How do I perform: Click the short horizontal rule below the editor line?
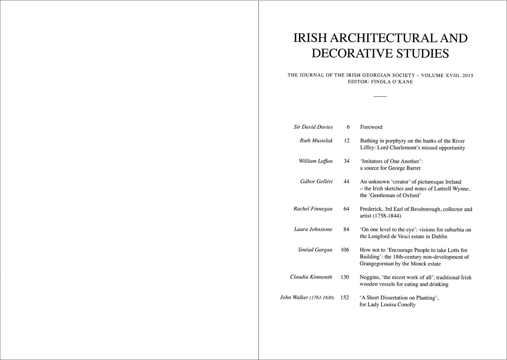[380, 96]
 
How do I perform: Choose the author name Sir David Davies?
[313, 127]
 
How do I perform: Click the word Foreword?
[371, 127]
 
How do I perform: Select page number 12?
[347, 141]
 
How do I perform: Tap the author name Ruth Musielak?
[316, 141]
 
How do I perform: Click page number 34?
[346, 161]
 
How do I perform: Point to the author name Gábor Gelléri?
[316, 182]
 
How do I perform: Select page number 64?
[346, 209]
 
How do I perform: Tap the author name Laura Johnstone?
[313, 229]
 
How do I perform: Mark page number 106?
[345, 250]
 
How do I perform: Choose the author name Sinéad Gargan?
[315, 250]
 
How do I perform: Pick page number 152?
[345, 298]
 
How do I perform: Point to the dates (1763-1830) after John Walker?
[322, 298]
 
